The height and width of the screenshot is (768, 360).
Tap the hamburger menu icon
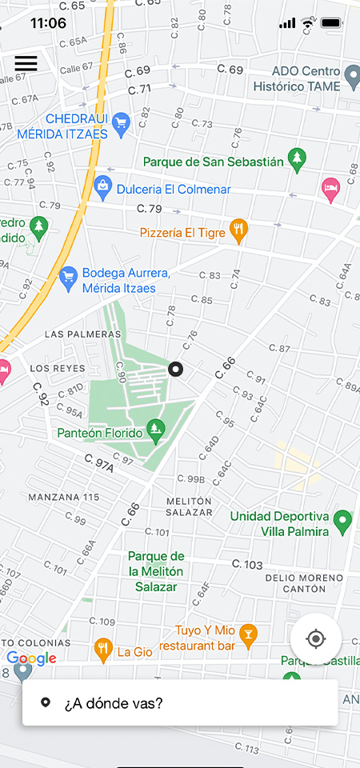tap(26, 63)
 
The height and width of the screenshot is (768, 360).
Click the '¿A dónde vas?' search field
tap(180, 703)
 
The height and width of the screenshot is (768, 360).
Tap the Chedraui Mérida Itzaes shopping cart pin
tap(122, 122)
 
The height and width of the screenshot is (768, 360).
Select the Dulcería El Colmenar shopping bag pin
tap(102, 188)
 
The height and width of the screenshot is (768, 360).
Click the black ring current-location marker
tap(176, 369)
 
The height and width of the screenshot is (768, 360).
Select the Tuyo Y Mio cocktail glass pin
tap(249, 634)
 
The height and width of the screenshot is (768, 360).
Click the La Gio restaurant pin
tap(102, 650)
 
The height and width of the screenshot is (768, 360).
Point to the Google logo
tap(31, 658)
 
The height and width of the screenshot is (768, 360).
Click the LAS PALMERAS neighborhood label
tap(83, 334)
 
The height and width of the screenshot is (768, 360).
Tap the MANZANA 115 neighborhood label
tap(64, 497)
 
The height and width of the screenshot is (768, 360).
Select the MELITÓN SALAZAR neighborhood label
tap(189, 506)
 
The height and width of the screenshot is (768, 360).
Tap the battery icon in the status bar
tap(331, 23)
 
